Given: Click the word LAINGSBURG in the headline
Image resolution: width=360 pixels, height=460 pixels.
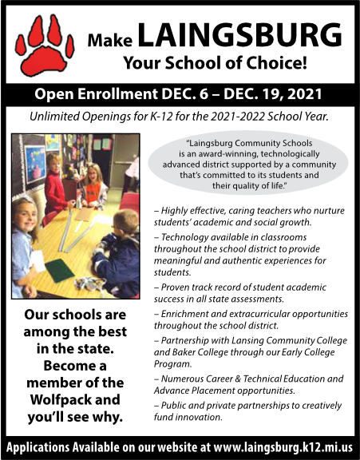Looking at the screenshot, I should point(240,34).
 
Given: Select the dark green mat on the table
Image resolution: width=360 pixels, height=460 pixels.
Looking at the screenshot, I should point(58,270).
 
